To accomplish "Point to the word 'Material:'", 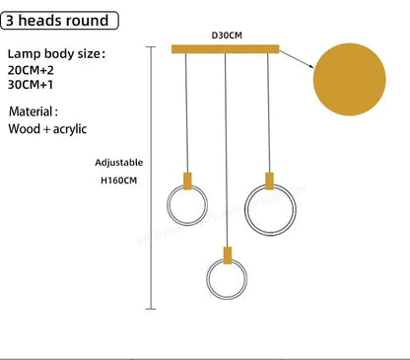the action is tap(34, 111).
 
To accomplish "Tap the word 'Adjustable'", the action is tap(119, 162).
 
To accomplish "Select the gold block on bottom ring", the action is tap(227, 252).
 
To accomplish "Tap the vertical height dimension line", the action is tap(149, 178).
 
